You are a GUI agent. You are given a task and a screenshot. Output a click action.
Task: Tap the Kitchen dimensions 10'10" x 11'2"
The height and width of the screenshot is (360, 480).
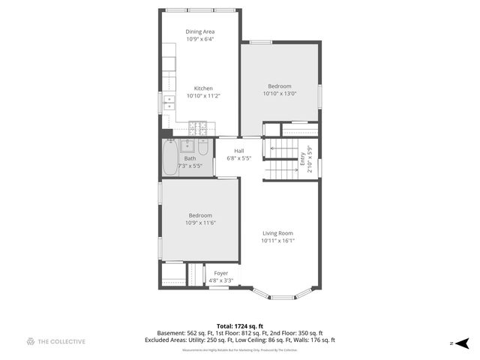(203, 96)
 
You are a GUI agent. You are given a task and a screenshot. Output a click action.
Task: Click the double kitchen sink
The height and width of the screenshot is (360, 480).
(169, 102)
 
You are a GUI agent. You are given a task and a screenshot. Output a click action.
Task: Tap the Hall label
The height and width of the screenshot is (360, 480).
(238, 151)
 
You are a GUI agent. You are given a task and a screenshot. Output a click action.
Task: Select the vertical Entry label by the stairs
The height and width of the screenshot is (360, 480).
(303, 158)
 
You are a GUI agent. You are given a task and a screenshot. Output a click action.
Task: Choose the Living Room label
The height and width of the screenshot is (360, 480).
(277, 233)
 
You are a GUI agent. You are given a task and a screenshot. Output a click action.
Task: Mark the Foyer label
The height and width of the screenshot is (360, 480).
(220, 273)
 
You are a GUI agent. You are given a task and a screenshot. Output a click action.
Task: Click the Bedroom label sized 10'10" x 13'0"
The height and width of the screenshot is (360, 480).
(279, 86)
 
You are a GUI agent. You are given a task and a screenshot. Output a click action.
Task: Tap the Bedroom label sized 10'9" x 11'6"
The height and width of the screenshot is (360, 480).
(200, 215)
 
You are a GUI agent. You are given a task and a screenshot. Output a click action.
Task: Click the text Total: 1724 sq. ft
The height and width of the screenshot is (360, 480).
(240, 325)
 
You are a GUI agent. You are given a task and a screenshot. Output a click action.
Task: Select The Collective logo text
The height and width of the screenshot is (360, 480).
(62, 341)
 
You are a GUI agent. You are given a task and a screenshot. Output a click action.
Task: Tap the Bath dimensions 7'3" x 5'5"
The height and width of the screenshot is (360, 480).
(190, 166)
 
